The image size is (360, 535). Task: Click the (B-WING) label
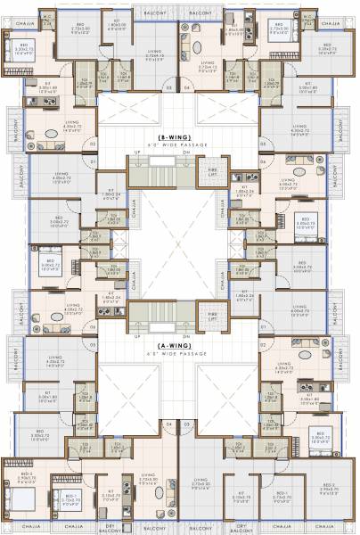tap(179, 136)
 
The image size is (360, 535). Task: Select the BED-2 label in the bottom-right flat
tap(330, 485)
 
